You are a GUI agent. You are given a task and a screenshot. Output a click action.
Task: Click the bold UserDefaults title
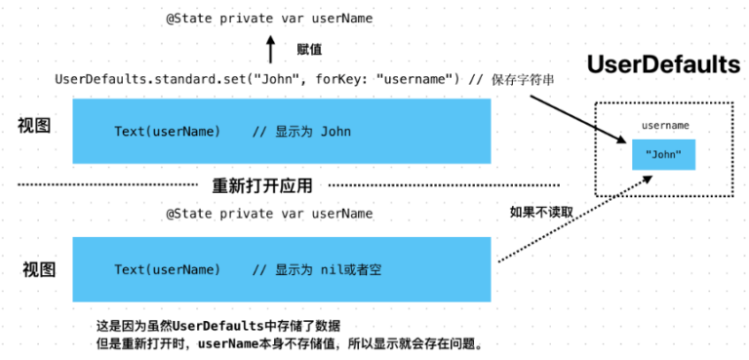pyautogui.click(x=663, y=65)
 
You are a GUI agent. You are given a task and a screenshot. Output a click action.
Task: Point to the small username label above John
pyautogui.click(x=665, y=126)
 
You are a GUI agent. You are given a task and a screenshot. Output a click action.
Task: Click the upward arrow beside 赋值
pyautogui.click(x=270, y=48)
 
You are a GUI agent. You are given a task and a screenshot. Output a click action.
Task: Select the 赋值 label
pyautogui.click(x=309, y=48)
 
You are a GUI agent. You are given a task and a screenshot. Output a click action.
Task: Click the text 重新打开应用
pyautogui.click(x=269, y=184)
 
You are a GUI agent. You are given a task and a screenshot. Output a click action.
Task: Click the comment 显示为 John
pyautogui.click(x=301, y=132)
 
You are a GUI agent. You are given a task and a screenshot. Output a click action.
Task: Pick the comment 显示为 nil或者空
pyautogui.click(x=317, y=269)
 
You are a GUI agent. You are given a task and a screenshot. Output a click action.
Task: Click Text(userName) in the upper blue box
pyautogui.click(x=167, y=132)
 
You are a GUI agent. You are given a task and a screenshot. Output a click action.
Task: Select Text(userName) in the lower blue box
pyautogui.click(x=167, y=269)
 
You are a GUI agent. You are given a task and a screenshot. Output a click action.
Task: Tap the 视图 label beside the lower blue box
pyautogui.click(x=40, y=269)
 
